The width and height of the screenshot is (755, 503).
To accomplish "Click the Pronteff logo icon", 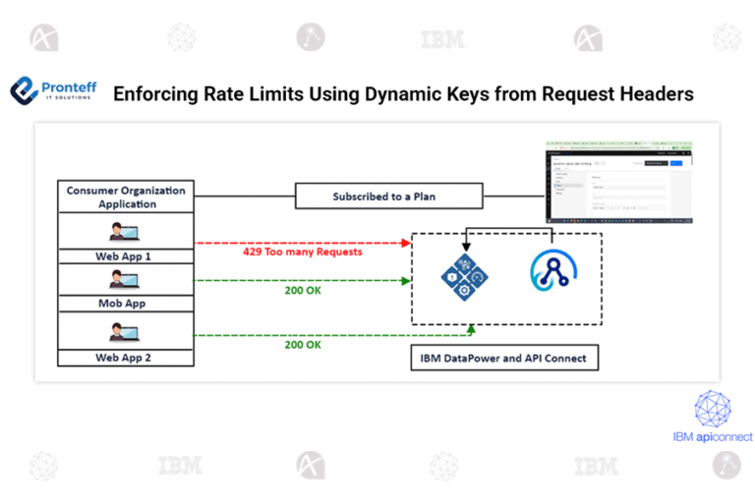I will pyautogui.click(x=24, y=91).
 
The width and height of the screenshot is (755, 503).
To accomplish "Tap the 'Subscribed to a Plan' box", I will pyautogui.click(x=389, y=196).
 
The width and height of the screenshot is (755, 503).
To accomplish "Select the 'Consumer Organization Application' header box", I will pyautogui.click(x=125, y=196).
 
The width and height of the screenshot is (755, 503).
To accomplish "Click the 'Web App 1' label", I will pyautogui.click(x=125, y=255).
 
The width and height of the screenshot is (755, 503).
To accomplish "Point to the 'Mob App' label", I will pyautogui.click(x=125, y=304).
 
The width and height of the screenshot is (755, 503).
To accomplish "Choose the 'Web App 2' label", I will pyautogui.click(x=125, y=358).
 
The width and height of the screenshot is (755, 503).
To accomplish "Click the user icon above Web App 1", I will pyautogui.click(x=125, y=232).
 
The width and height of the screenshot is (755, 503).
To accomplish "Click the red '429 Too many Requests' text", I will pyautogui.click(x=303, y=251).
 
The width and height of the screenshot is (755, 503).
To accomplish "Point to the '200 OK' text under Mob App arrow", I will pyautogui.click(x=303, y=291).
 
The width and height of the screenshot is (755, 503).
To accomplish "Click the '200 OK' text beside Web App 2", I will pyautogui.click(x=303, y=345).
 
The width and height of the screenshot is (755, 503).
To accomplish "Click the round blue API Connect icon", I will pyautogui.click(x=552, y=273).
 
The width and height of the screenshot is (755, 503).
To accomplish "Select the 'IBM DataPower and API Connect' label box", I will pyautogui.click(x=502, y=358).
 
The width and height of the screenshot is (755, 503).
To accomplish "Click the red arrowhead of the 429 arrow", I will pyautogui.click(x=405, y=241).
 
